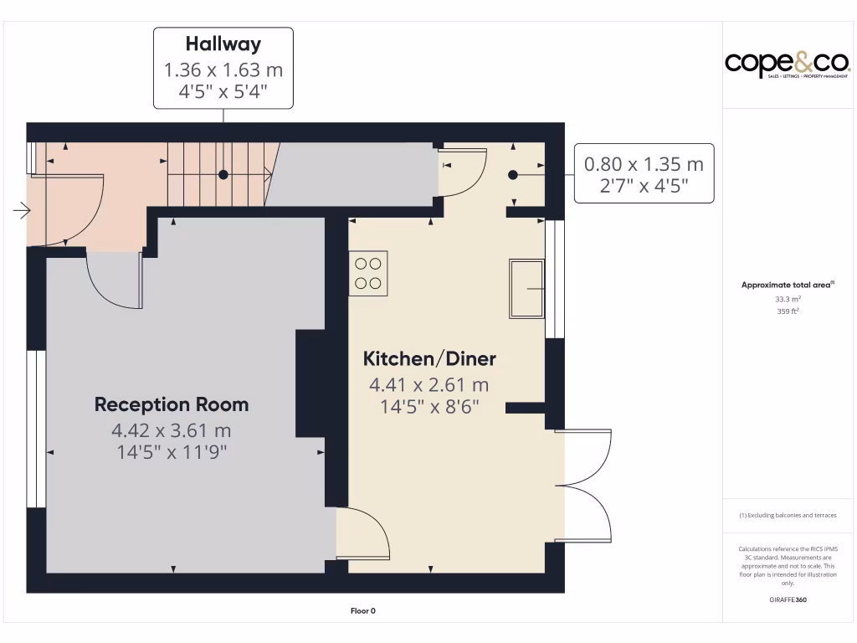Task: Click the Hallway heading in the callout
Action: point(223,44)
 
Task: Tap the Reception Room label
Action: point(172,404)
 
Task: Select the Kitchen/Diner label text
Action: point(429,359)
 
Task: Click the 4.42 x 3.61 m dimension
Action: point(172,430)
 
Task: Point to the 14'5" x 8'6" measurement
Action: point(429,406)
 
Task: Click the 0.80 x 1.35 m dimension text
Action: point(644,164)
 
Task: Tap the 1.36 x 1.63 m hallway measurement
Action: point(223,69)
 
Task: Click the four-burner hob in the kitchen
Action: point(368,273)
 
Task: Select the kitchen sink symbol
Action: point(526,288)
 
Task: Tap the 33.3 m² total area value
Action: point(788,299)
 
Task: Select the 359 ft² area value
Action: point(788,311)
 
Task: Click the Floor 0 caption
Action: point(362,611)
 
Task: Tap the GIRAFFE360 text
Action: point(788,599)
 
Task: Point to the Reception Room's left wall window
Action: point(36,429)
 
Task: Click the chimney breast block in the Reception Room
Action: point(310,383)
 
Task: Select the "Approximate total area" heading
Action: point(787,285)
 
